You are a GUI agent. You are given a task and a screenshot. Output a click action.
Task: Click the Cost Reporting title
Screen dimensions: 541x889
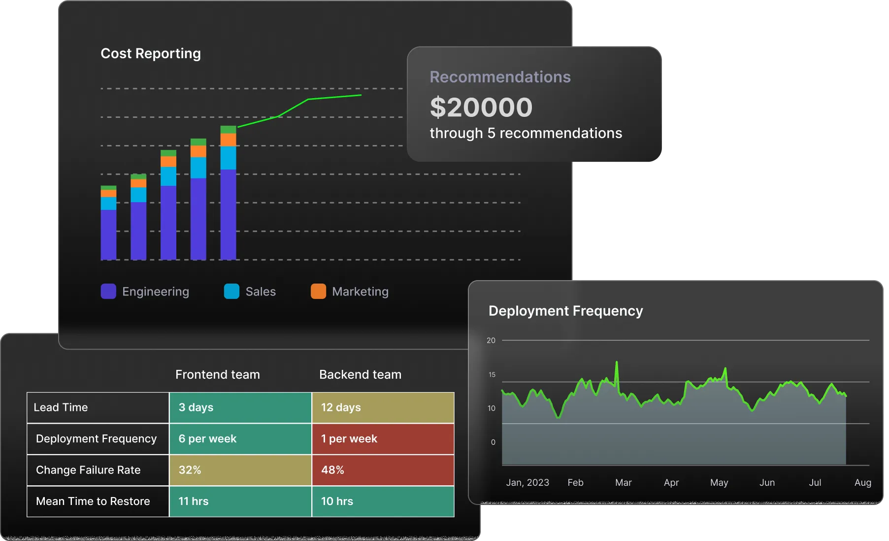150,53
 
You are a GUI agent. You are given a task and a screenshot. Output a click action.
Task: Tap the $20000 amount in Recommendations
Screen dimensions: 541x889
481,108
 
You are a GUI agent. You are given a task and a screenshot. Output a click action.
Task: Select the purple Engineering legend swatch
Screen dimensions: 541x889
108,291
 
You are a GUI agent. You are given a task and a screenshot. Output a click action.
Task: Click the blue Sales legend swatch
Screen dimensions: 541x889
231,291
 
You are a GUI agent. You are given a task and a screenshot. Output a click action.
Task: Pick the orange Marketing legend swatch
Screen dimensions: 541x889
318,291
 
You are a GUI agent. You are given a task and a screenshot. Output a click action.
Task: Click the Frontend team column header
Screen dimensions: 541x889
217,374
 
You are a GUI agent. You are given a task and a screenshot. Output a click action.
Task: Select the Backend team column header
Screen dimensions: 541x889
360,374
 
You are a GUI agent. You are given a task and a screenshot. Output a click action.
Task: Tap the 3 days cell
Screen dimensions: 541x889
240,407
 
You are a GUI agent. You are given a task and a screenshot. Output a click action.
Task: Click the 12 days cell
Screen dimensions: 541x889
383,407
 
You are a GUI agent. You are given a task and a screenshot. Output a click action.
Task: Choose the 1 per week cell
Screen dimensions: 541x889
383,439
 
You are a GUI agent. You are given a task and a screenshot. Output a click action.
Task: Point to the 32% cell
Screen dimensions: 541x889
240,470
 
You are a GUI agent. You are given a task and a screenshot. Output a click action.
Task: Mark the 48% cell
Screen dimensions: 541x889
383,470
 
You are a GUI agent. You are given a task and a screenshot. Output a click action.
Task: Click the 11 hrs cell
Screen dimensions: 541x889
240,502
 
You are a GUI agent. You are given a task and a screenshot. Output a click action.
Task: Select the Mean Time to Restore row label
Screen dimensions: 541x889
93,502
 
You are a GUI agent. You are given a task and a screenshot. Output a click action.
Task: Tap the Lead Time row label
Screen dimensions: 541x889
61,407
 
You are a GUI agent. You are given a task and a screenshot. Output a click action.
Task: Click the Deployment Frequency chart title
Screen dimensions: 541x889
565,311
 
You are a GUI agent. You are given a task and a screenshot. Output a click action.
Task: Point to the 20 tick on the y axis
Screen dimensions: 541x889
491,340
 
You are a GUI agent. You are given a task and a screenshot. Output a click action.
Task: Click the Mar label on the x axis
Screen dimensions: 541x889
623,482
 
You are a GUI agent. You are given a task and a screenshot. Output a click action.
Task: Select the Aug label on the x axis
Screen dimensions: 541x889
862,482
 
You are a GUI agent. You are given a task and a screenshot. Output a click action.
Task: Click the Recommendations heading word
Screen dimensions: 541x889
500,77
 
